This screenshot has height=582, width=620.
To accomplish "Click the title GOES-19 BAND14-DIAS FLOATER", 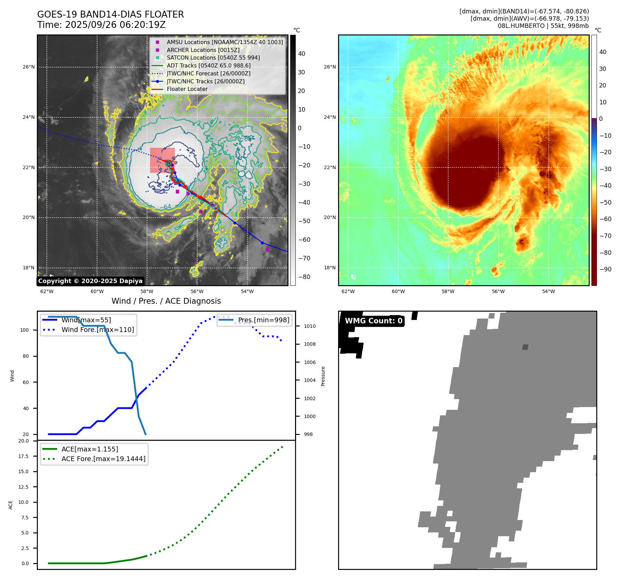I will coord(111,14).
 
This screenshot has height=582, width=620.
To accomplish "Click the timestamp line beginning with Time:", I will coord(102,25).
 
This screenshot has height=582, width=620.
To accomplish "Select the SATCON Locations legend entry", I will coord(213,58).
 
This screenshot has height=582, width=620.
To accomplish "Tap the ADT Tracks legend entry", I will coord(209,65).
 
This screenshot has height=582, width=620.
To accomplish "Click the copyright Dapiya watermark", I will coord(90,281).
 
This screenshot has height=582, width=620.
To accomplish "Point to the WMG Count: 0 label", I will coord(374,321).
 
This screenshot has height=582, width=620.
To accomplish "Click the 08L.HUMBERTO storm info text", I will coord(543,26).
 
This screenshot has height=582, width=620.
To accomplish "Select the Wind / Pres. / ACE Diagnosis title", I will coord(166,301).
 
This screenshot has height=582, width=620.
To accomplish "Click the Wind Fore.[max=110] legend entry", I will coord(97,330).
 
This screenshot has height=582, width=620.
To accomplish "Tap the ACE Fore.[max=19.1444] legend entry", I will coord(103,459).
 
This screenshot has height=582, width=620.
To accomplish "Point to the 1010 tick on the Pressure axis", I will coord(309,326).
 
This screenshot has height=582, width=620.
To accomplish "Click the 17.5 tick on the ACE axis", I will coord(23,456).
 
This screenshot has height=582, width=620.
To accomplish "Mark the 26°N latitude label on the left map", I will coord(29,67).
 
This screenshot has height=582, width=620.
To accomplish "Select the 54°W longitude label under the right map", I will coord(548,291).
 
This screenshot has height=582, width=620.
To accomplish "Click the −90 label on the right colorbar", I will coord(605,269).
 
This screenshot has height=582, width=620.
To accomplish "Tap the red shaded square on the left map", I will coord(162,160).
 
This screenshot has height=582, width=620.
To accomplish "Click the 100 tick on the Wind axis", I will coord(24,330).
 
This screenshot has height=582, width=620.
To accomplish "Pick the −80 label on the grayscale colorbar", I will coord(304,277).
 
